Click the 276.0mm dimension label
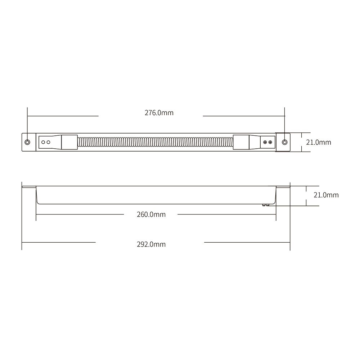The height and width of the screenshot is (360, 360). tap(159, 113)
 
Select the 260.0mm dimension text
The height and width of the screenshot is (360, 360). tap(151, 215)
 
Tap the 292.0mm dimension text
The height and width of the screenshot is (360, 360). tap(151, 244)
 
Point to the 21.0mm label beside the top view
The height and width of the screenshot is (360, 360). tap(318, 142)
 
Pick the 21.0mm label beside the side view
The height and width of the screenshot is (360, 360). tap(326, 195)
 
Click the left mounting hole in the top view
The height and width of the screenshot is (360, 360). tap(28, 142)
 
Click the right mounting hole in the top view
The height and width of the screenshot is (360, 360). tap(284, 142)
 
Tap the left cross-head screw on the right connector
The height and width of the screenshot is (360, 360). tap(265, 143)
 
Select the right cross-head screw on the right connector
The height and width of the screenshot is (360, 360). tap(270, 143)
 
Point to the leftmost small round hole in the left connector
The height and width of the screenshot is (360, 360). tap(43, 142)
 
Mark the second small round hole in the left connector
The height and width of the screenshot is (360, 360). tap(48, 142)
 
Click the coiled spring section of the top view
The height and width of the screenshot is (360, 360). tap(155, 142)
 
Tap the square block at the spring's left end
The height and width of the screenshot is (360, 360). tap(69, 142)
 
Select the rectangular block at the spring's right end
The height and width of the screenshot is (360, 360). tap(239, 142)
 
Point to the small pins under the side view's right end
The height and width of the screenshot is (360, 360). tap(266, 204)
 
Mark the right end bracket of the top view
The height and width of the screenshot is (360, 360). tap(283, 142)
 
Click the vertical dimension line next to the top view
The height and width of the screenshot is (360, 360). tap(301, 142)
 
